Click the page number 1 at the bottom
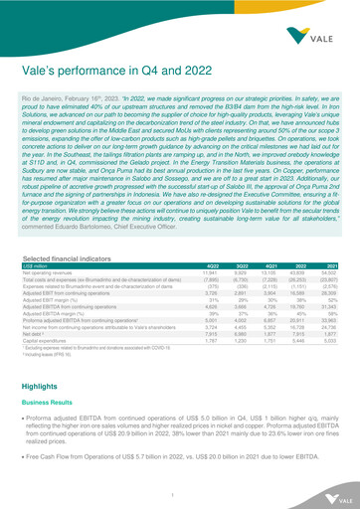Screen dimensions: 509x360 click(x=180, y=493)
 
